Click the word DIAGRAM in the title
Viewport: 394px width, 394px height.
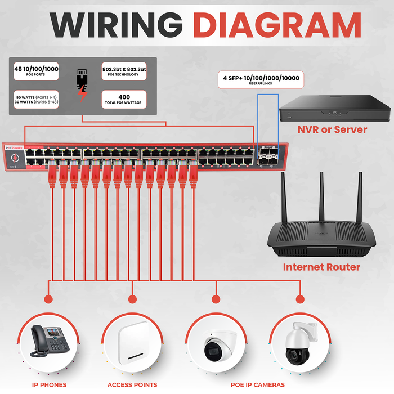tap(274, 25)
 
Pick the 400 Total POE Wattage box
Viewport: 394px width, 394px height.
tap(124, 100)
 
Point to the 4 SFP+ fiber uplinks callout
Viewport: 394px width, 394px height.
tap(260, 79)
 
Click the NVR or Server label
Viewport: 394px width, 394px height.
tap(332, 130)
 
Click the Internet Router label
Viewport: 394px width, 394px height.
tap(321, 267)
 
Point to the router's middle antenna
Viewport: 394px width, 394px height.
tap(323, 197)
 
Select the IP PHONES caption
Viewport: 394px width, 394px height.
tap(49, 385)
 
